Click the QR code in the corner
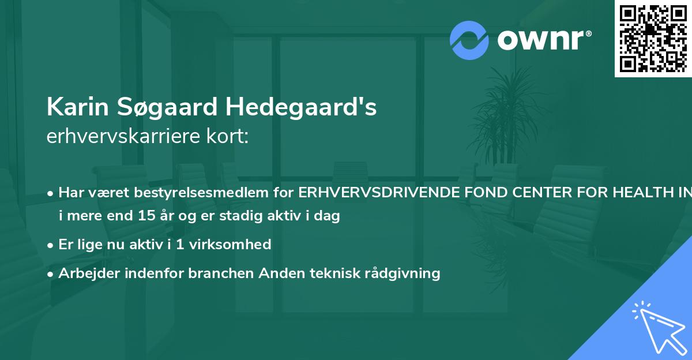coord(653,38)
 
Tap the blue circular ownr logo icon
coord(469,40)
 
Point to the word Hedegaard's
coord(300,107)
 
